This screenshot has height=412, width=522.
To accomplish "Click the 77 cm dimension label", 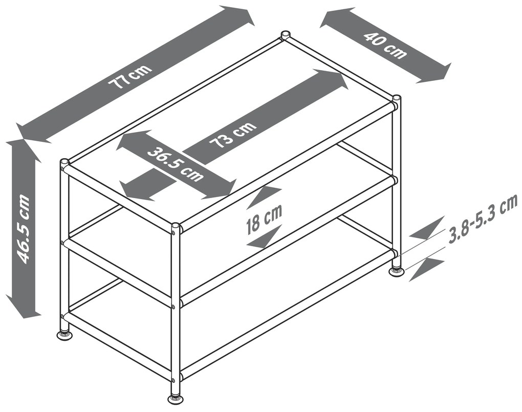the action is pyautogui.click(x=132, y=77).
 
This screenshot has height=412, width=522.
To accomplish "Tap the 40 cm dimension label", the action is pyautogui.click(x=384, y=46).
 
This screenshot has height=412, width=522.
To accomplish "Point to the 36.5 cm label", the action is pyautogui.click(x=175, y=164).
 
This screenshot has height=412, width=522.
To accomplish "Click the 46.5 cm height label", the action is pyautogui.click(x=23, y=229).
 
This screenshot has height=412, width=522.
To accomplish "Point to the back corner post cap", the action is pyautogui.click(x=285, y=35).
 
